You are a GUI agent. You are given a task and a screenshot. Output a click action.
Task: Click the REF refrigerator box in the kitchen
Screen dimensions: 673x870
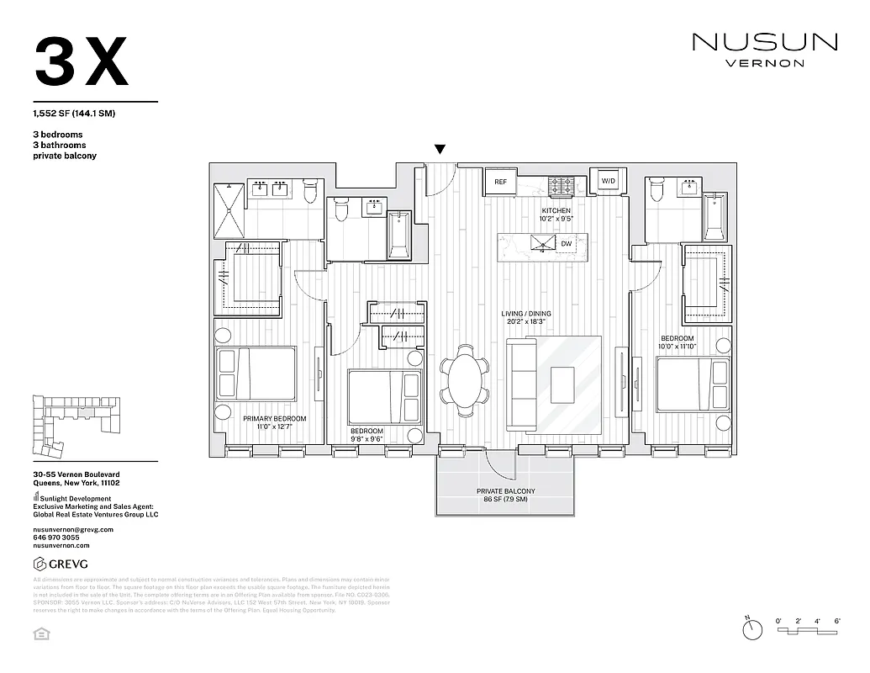pyautogui.click(x=500, y=181)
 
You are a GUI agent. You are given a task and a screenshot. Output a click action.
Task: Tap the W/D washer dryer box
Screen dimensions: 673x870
pyautogui.click(x=607, y=181)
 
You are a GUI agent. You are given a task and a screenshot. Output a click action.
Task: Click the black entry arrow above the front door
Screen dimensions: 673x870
pyautogui.click(x=440, y=151)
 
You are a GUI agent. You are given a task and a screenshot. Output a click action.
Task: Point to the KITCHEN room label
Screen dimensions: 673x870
pyautogui.click(x=556, y=210)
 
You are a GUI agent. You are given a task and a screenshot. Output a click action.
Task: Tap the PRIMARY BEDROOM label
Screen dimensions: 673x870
pyautogui.click(x=274, y=418)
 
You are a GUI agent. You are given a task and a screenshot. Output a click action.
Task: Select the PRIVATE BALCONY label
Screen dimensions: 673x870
pyautogui.click(x=505, y=491)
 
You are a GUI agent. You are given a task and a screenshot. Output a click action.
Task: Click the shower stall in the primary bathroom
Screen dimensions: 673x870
pyautogui.click(x=229, y=210)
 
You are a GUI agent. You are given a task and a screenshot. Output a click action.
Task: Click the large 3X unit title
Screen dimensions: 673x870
pyautogui.click(x=82, y=62)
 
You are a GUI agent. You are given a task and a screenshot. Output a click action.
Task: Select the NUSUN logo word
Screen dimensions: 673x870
pyautogui.click(x=764, y=42)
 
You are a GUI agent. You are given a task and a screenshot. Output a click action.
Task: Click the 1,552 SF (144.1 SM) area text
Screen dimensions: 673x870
pyautogui.click(x=75, y=114)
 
